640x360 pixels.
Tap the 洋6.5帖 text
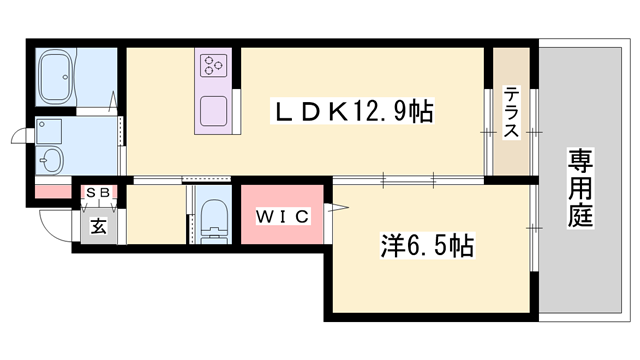[427, 244]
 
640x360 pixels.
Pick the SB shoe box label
[98, 191]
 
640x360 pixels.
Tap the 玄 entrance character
[99, 226]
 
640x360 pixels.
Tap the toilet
[212, 217]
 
